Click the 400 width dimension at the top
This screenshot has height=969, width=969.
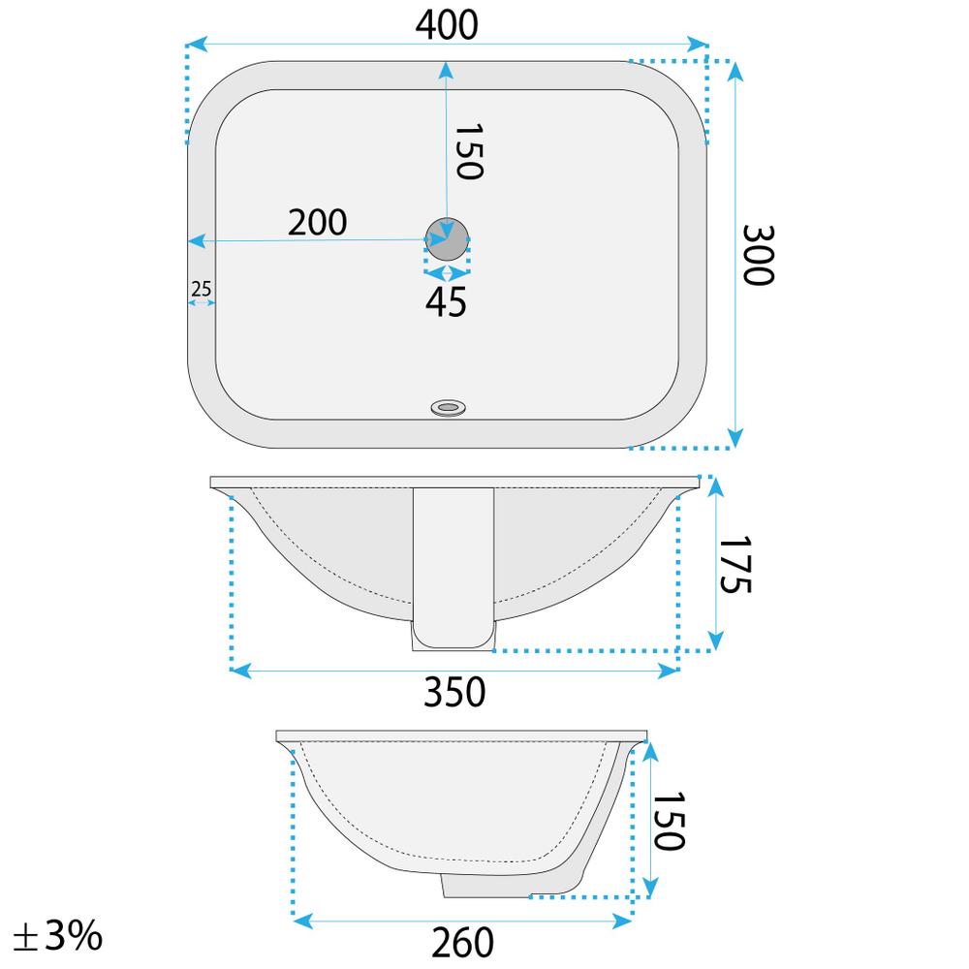coord(447,26)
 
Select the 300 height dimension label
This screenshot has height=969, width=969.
coord(758,255)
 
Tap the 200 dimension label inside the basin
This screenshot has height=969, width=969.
coord(317,223)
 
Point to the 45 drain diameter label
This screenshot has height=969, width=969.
coord(446,302)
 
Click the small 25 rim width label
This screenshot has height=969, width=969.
coord(202,288)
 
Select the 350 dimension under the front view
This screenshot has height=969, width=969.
coord(454,692)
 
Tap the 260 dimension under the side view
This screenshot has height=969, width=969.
coord(462,941)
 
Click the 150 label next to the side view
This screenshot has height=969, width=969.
coord(668,818)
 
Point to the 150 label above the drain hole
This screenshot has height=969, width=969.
coord(468,152)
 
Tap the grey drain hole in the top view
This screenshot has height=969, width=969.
coord(447,237)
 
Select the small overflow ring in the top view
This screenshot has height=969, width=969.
coord(448,407)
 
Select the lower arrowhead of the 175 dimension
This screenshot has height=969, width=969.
coord(715,641)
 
